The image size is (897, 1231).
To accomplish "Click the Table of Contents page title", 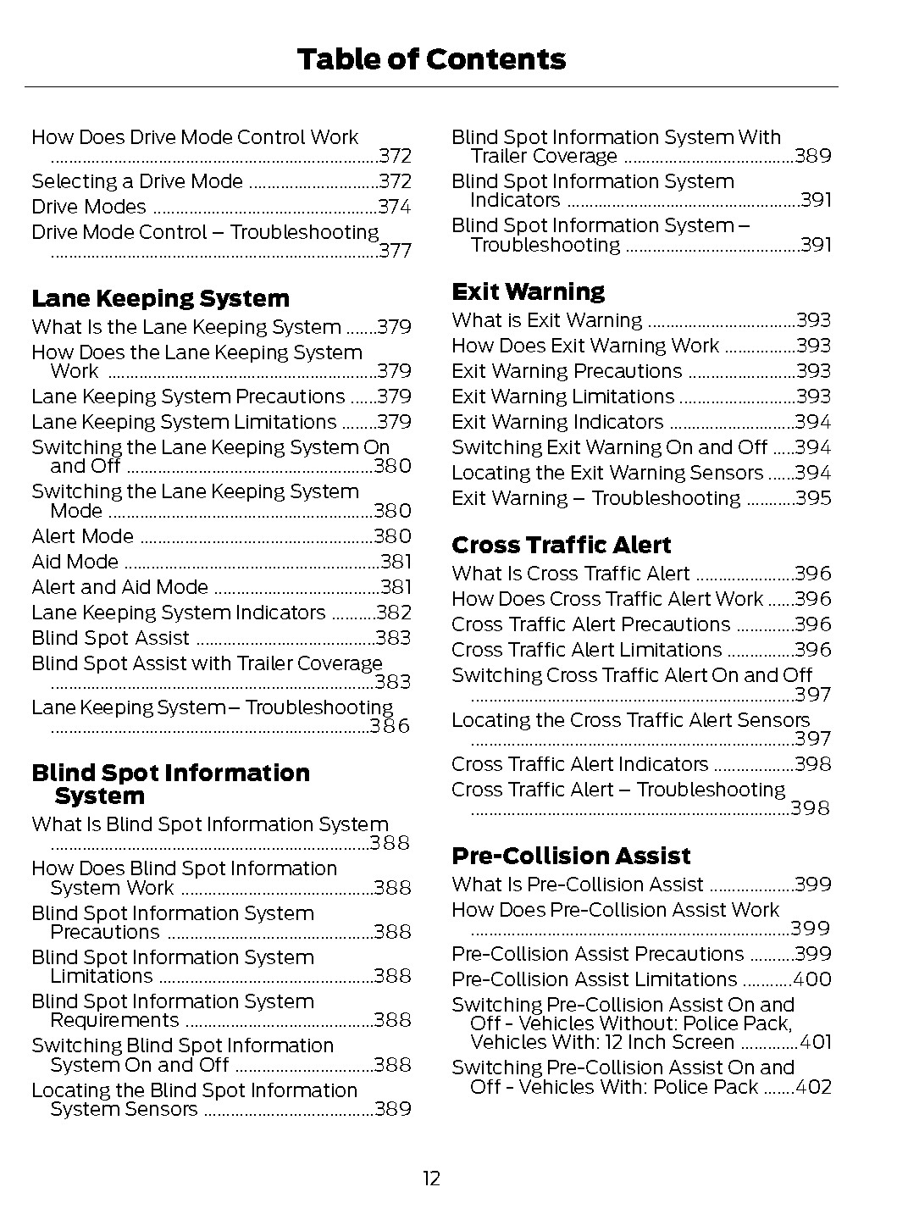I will click(431, 59).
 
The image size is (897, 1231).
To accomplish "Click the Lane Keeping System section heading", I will click(160, 298).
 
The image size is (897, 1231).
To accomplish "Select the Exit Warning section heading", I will click(528, 291).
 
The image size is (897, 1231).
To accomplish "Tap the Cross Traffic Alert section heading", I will click(561, 545).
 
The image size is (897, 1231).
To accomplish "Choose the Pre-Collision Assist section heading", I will click(571, 856).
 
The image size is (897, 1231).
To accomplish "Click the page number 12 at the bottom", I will click(431, 1178).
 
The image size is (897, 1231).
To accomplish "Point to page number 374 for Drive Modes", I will click(394, 207).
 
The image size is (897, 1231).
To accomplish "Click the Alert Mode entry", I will click(82, 536).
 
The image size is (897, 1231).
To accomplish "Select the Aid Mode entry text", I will click(75, 562).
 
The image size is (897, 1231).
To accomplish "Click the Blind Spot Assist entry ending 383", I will click(110, 638).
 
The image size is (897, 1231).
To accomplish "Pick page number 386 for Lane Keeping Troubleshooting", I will click(390, 726).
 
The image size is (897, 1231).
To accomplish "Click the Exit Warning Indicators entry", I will click(557, 422).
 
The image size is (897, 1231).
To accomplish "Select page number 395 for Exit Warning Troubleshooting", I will click(813, 498).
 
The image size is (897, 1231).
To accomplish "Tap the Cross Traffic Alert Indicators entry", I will click(579, 764).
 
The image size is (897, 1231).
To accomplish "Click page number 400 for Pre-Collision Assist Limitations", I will click(811, 979).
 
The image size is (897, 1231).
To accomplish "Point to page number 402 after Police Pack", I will click(813, 1087).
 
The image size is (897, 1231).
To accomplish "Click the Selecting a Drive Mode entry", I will click(137, 181).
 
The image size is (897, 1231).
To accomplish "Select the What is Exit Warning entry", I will click(547, 320).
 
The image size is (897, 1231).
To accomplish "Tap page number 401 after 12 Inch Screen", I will click(815, 1042).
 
